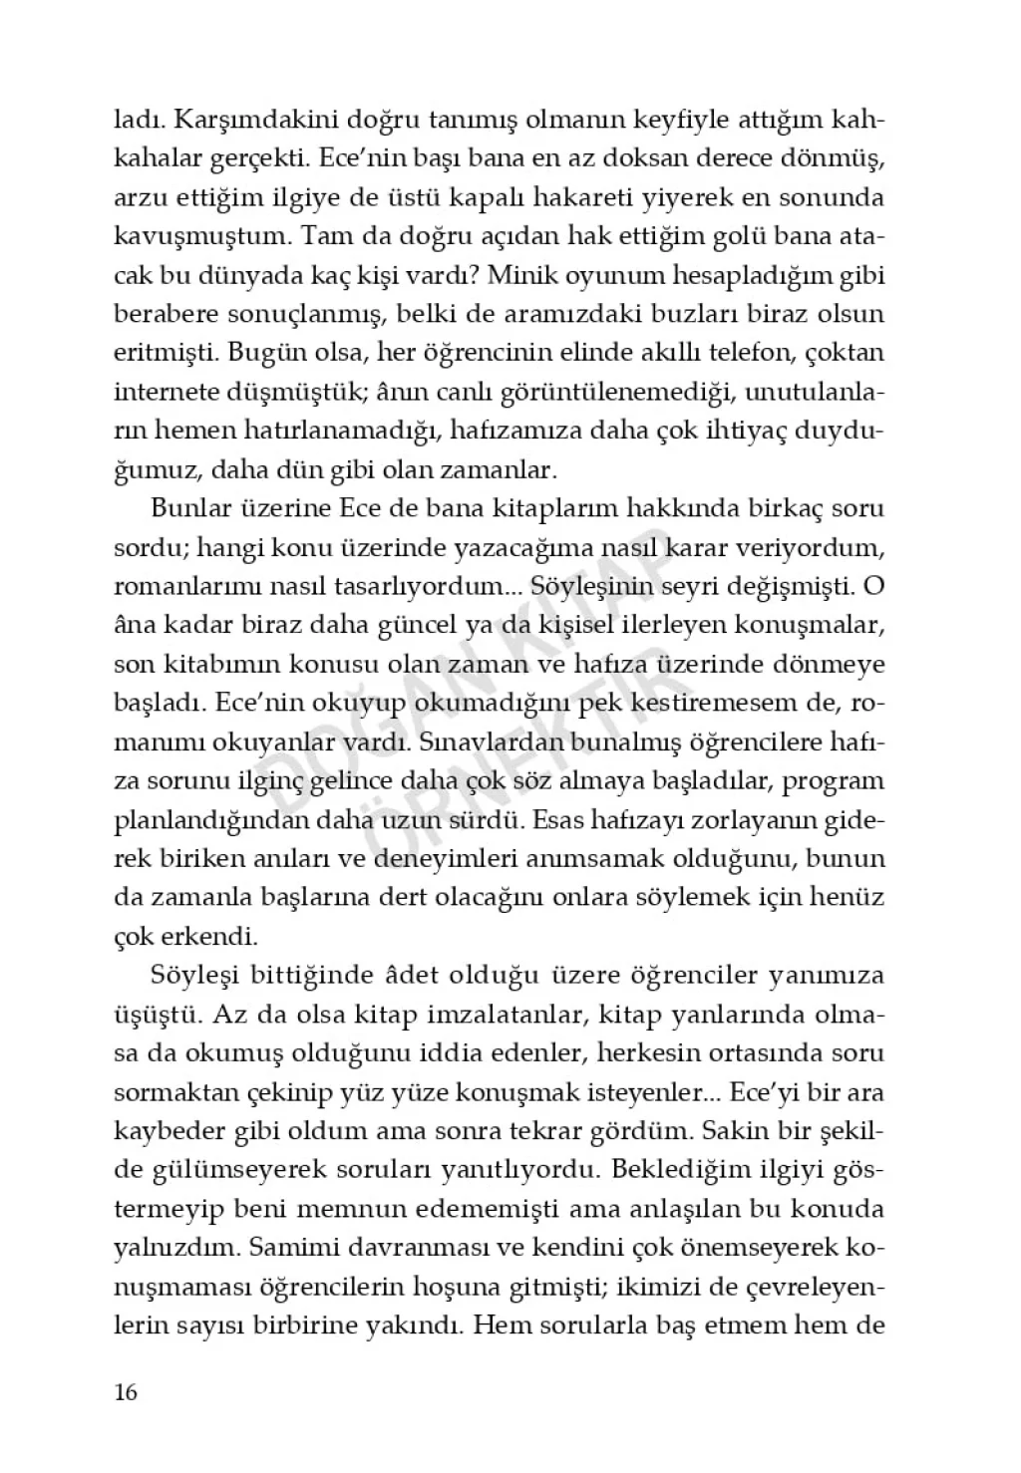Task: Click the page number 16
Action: coord(126,1392)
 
